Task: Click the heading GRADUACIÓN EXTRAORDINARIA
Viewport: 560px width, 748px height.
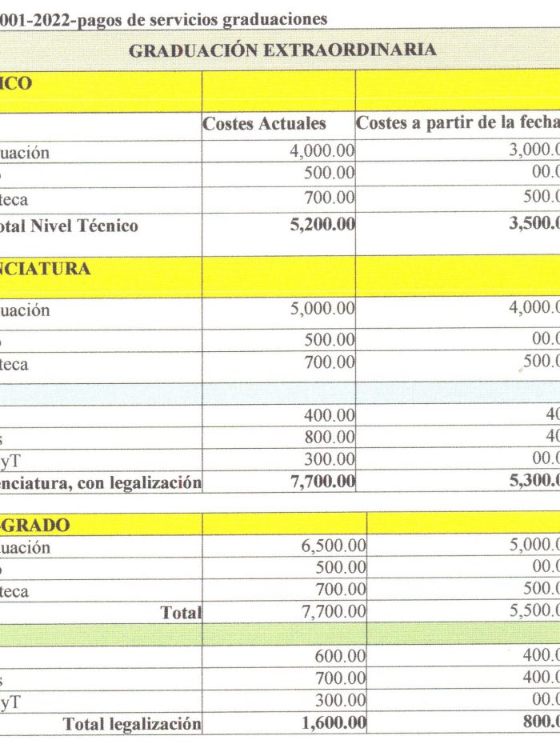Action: click(282, 50)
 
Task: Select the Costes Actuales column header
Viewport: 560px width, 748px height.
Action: click(264, 124)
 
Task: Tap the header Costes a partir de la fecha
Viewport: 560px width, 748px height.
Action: click(456, 124)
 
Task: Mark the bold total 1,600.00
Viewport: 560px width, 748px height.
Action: click(334, 723)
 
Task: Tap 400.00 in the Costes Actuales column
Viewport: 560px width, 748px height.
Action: click(330, 415)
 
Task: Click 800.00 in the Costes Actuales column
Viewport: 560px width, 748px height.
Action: click(330, 437)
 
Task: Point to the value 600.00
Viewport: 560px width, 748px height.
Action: click(341, 656)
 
